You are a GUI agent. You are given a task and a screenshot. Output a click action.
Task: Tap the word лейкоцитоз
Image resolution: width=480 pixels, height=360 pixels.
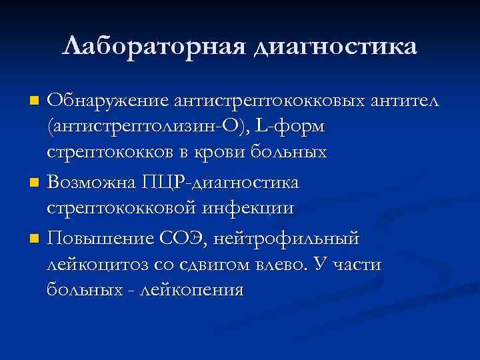click(99, 263)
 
